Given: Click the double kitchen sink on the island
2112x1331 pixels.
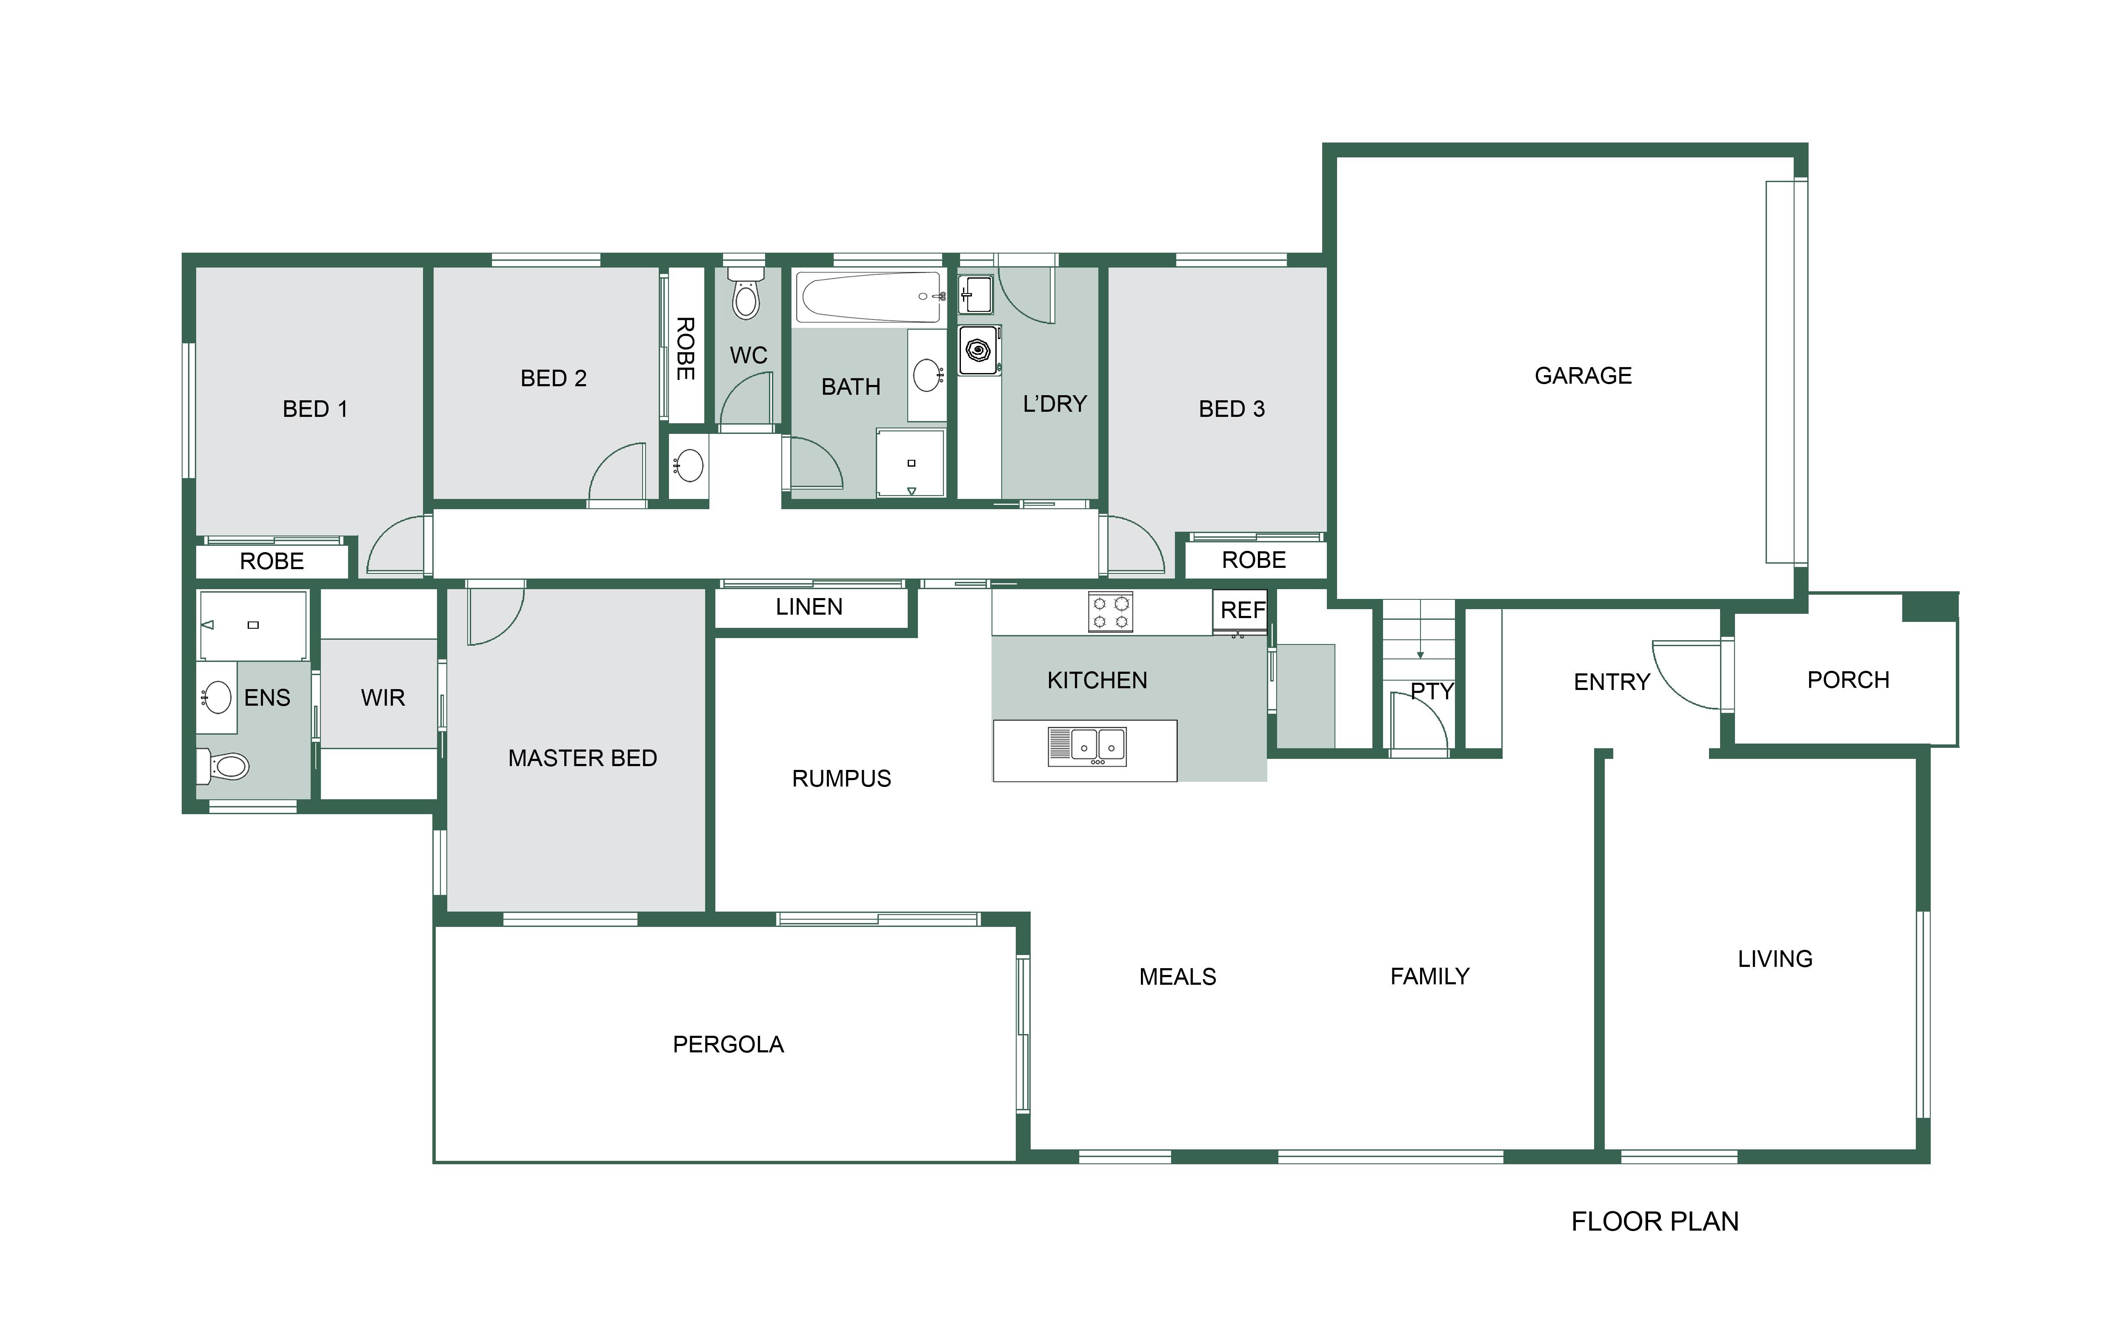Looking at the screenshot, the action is [x=1088, y=747].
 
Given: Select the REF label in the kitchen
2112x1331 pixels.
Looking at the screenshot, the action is [x=1243, y=610].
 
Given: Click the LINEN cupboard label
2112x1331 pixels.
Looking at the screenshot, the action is [x=809, y=607].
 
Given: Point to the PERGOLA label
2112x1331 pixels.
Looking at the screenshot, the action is [x=728, y=1044].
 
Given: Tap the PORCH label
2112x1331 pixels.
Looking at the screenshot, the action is [x=1848, y=679].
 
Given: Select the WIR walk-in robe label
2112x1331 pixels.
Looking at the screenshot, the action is [x=383, y=698].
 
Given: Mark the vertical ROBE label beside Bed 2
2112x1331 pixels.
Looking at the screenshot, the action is [x=685, y=349].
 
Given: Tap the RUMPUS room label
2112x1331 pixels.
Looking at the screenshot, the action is [x=841, y=778].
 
